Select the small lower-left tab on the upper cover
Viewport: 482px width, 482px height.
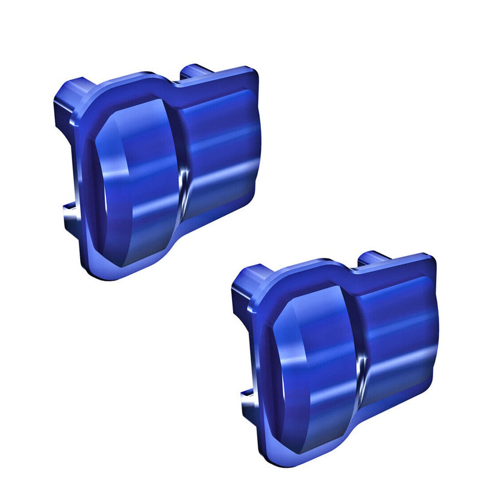pyautogui.click(x=71, y=211)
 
